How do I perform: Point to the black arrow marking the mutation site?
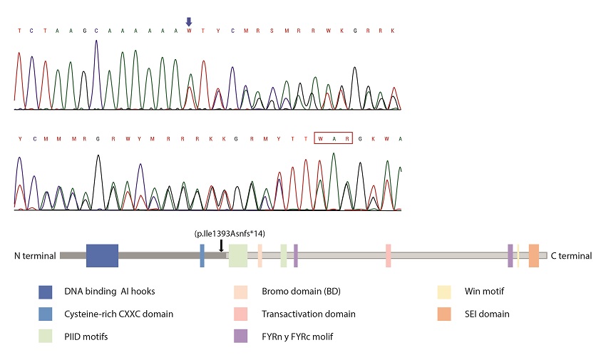tap(222, 245)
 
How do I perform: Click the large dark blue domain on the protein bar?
tap(102, 255)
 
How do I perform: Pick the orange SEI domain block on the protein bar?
tap(534, 255)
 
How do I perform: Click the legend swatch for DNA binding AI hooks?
tap(46, 292)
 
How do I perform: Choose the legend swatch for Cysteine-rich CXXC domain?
tap(46, 314)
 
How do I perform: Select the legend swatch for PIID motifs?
tap(46, 336)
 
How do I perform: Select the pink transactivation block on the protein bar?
tap(389, 255)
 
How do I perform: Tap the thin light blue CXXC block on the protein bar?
tap(202, 255)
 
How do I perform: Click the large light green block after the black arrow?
tap(238, 255)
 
